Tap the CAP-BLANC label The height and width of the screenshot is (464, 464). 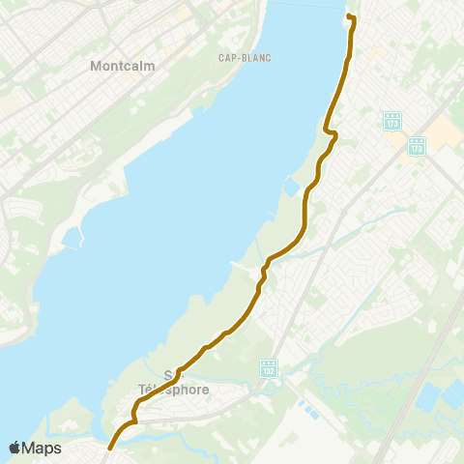pos(245,57)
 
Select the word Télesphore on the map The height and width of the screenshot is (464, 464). pos(173,390)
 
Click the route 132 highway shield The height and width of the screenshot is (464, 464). pos(270,369)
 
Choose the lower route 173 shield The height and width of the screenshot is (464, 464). pos(417,146)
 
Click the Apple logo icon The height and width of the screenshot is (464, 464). pos(15,448)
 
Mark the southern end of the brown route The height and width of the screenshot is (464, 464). pos(109,448)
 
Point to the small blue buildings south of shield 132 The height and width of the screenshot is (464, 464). pos(306,409)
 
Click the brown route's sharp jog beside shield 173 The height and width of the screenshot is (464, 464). pos(330,132)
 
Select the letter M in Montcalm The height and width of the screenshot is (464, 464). pos(95,67)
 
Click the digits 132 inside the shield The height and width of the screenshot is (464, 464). pos(270,371)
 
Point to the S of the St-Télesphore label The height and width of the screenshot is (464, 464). pos(169,375)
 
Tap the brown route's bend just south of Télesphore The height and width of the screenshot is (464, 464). pos(133,420)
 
